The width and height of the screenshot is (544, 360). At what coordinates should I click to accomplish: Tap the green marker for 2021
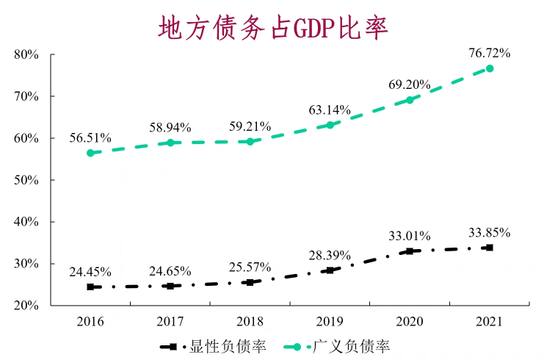point(490,68)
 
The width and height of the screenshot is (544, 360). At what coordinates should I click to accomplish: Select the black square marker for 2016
point(90,287)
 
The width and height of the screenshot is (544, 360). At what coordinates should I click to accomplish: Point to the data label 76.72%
point(490,53)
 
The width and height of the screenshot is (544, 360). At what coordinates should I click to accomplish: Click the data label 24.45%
point(90,272)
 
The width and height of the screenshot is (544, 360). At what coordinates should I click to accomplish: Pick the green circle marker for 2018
point(250,141)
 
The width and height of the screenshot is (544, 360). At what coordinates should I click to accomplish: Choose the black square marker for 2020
point(410,251)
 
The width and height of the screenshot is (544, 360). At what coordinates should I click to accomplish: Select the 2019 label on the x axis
point(330,321)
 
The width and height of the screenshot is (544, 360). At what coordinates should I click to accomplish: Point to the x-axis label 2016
point(90,321)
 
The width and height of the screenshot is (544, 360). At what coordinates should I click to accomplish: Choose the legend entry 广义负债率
point(351,346)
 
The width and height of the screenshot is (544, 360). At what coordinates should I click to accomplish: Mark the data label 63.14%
point(330,110)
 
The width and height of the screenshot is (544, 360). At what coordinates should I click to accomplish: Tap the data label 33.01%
point(410,236)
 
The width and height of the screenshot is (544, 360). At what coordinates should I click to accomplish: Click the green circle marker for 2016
point(90,153)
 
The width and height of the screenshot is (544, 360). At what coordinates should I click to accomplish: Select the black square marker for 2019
point(330,270)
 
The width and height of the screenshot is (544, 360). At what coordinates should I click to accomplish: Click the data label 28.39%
point(330,255)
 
